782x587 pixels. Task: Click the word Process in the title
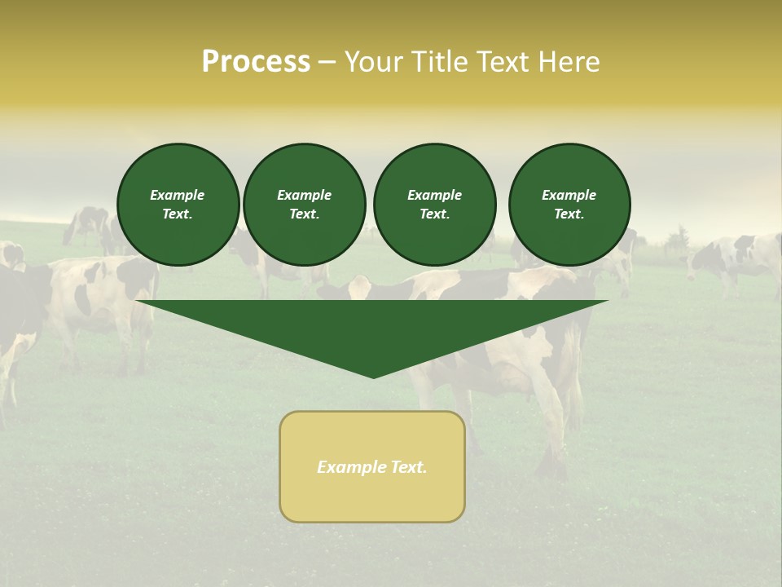256,62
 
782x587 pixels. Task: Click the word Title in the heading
437,62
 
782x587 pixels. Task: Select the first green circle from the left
178,205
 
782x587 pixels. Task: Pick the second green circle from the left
304,205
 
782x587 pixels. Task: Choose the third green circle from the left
434,205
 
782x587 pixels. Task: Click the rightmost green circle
569,205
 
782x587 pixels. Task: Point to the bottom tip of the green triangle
373,377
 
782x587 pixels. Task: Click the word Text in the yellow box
408,467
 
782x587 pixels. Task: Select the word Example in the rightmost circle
569,195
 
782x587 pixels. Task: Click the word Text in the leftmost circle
178,214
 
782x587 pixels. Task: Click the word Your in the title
374,62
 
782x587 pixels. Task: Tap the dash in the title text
327,62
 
